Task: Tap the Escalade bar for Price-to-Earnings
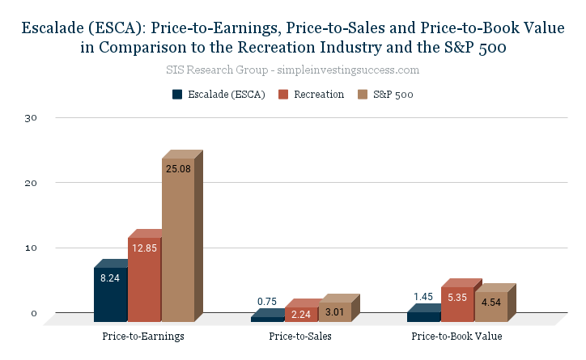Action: [110, 294]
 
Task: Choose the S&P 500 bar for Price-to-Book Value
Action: [490, 307]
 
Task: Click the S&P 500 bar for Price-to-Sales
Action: [333, 311]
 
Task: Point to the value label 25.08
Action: [178, 170]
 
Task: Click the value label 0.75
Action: [267, 302]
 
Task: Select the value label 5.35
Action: [457, 298]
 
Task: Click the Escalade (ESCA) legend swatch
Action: [177, 95]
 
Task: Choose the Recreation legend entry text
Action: [318, 95]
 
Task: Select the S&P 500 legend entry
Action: [393, 95]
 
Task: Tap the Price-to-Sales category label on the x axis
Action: [300, 336]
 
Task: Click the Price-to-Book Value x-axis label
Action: [456, 336]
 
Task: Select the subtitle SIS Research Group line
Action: [292, 70]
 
